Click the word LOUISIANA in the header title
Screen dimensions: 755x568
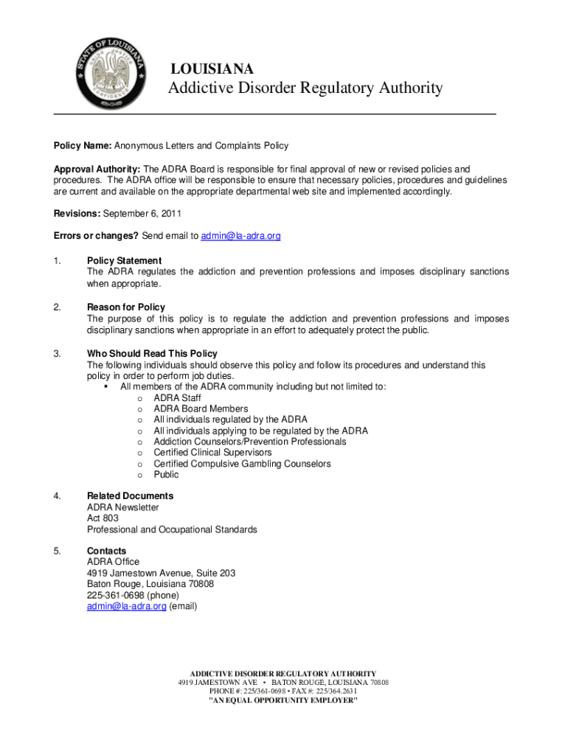(212, 69)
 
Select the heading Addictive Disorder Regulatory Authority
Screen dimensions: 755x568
(305, 89)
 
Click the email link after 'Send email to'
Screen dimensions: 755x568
(241, 236)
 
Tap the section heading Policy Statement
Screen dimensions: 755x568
(124, 261)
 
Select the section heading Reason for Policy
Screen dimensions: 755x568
(126, 307)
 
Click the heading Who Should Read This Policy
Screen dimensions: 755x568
(152, 354)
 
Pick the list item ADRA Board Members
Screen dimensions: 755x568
(201, 408)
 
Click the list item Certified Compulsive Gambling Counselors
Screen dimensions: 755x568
(242, 464)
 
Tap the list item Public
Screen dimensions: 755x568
(166, 475)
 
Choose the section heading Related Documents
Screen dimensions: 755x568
(130, 496)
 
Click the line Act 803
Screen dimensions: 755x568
(103, 518)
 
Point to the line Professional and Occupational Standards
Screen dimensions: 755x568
(172, 529)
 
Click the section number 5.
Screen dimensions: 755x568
(57, 552)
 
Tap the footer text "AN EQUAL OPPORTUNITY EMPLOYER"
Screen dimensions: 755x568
(283, 700)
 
